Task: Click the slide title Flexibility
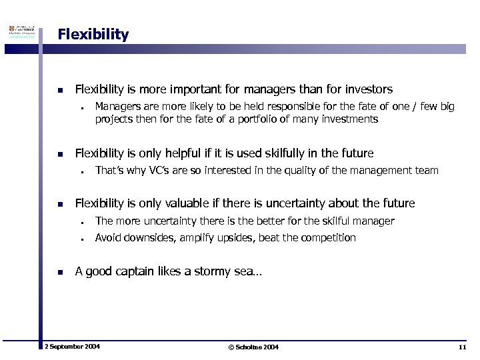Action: (x=93, y=34)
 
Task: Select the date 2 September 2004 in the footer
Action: (x=71, y=347)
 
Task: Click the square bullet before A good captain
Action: (x=60, y=271)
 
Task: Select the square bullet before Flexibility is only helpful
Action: (x=60, y=153)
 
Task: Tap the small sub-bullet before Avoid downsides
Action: (x=80, y=238)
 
